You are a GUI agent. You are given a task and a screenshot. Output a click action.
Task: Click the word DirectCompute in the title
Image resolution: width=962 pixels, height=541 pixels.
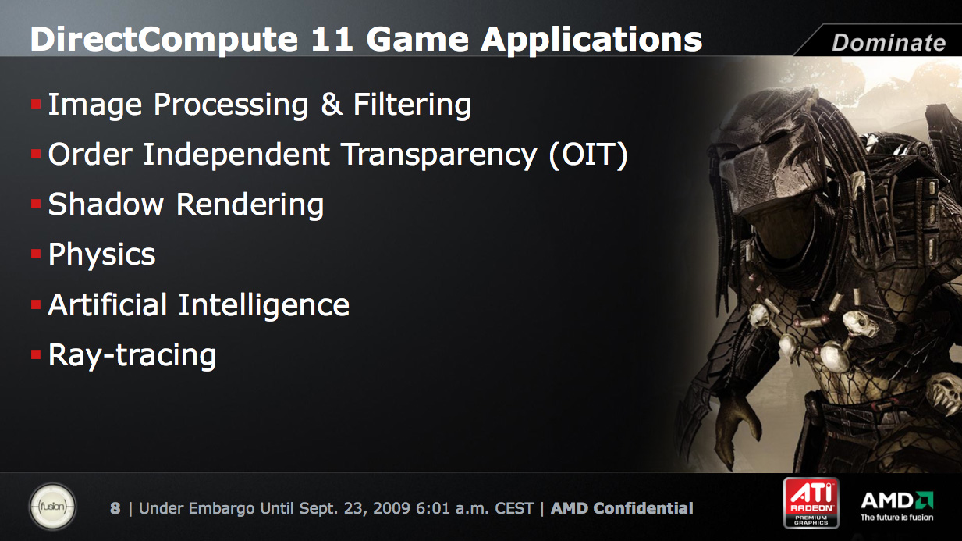click(x=164, y=40)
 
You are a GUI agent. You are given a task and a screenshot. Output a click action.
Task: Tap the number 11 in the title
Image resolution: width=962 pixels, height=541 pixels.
click(x=332, y=40)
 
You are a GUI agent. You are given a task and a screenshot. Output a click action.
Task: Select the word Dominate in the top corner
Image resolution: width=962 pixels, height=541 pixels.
click(x=889, y=42)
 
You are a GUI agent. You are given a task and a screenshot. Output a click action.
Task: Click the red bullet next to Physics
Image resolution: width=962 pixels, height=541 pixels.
click(x=36, y=254)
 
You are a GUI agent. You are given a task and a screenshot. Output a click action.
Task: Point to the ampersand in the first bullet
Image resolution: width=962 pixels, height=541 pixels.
click(x=332, y=105)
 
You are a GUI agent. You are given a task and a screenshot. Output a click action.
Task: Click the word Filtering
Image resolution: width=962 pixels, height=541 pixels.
click(x=412, y=105)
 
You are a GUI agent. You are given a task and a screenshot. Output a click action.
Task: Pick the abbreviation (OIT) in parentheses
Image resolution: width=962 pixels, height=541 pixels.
click(x=588, y=155)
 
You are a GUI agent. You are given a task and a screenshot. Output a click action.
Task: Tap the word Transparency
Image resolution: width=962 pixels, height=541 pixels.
click(x=440, y=155)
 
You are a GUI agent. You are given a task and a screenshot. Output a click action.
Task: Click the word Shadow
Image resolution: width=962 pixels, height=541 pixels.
click(x=106, y=204)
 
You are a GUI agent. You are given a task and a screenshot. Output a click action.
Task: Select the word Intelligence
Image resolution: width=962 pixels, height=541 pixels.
click(x=264, y=305)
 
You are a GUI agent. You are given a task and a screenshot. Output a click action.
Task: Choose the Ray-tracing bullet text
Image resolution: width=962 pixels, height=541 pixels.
click(x=133, y=356)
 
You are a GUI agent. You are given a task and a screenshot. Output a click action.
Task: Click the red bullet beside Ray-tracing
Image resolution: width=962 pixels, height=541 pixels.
click(x=36, y=354)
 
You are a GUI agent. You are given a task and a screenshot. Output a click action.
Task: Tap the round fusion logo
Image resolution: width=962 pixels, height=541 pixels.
click(x=52, y=506)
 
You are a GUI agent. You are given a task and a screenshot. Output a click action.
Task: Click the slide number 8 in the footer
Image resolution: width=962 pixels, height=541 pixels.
click(x=115, y=508)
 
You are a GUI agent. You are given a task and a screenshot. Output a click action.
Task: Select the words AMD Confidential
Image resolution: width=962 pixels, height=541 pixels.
click(x=622, y=508)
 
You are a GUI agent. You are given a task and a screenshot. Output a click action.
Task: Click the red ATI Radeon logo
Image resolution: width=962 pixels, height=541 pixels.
click(x=811, y=503)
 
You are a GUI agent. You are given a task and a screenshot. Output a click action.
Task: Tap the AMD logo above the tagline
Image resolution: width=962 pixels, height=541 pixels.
click(x=896, y=500)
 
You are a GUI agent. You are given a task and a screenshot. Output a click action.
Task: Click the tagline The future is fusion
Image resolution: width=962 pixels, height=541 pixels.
click(x=896, y=518)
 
